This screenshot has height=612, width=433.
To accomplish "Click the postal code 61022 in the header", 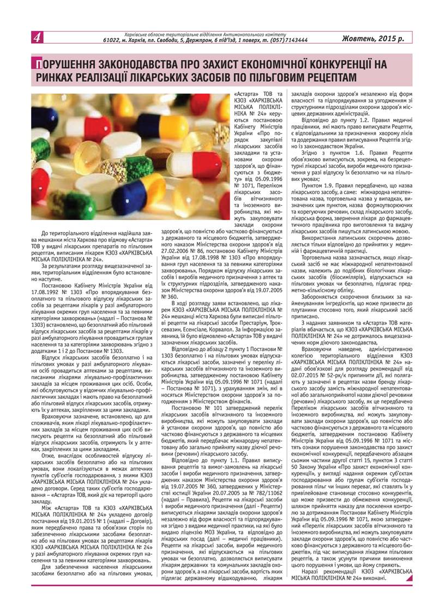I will pyautogui.click(x=112, y=40).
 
